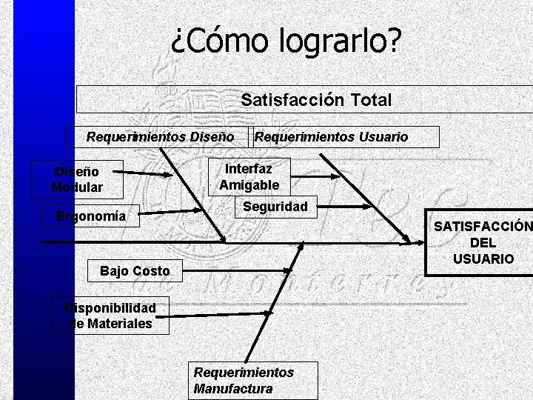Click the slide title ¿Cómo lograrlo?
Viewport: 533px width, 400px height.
tap(285, 40)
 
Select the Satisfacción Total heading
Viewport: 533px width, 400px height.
tap(316, 100)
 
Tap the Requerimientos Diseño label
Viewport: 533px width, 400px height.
tap(160, 137)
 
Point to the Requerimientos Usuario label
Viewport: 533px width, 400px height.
tap(331, 137)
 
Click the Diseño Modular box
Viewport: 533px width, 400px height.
tap(77, 179)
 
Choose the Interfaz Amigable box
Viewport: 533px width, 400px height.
tap(249, 177)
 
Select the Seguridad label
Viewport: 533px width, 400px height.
tap(275, 207)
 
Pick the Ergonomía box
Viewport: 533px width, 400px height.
tap(91, 216)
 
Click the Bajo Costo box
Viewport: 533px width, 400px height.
tap(135, 271)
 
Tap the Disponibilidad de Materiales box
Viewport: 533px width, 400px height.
tap(111, 316)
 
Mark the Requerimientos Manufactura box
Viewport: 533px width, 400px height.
tap(253, 380)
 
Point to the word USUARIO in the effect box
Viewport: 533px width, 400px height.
tap(483, 259)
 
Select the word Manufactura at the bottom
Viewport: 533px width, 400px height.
tap(232, 388)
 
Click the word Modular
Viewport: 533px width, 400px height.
tap(77, 187)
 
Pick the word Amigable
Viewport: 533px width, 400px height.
tap(249, 185)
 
